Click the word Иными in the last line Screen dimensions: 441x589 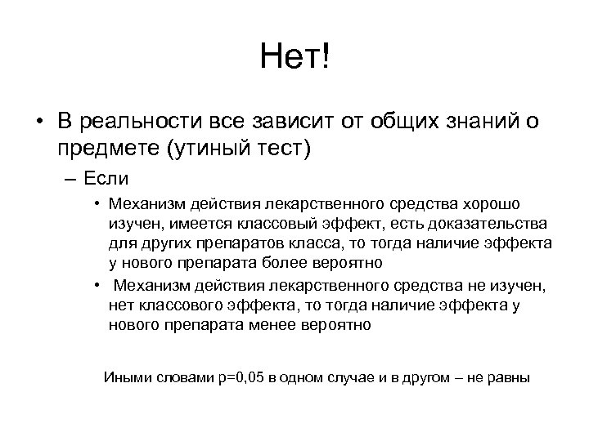tap(124, 377)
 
